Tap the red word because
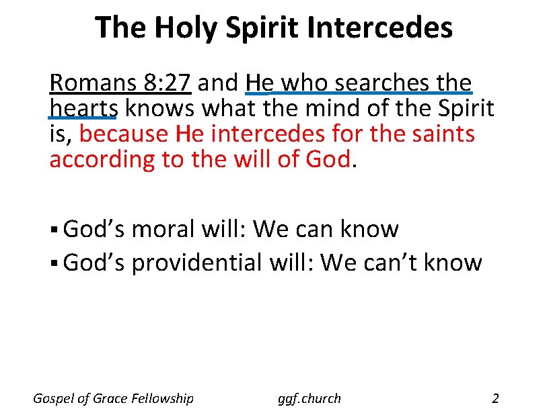coord(124,134)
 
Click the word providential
coord(196,263)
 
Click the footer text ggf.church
coord(309,398)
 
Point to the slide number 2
coord(496,398)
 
